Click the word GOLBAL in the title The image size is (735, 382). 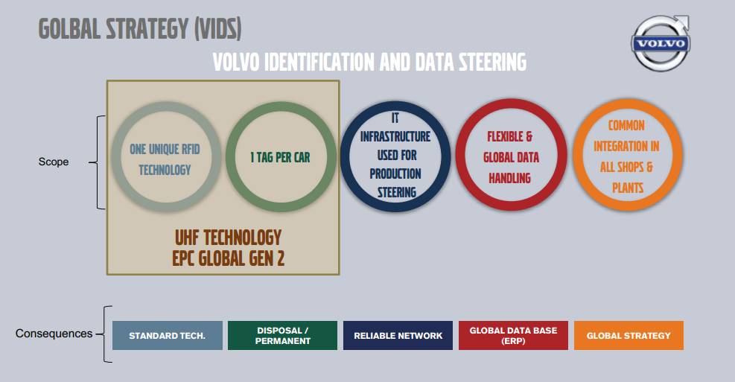[75, 29]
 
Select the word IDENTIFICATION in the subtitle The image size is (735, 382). [319, 62]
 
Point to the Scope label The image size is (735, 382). [54, 162]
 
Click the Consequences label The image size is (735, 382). [54, 334]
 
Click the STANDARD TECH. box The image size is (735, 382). [168, 336]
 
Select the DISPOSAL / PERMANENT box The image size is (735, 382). [282, 336]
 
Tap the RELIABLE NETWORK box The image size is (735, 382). [398, 336]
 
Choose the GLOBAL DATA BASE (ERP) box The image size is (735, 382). [513, 336]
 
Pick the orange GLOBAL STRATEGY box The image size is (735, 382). [629, 336]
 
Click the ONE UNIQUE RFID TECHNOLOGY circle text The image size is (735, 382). [165, 159]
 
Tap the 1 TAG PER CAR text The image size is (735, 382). [280, 158]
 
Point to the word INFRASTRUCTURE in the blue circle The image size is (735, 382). [395, 137]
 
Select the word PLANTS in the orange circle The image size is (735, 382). [628, 188]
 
